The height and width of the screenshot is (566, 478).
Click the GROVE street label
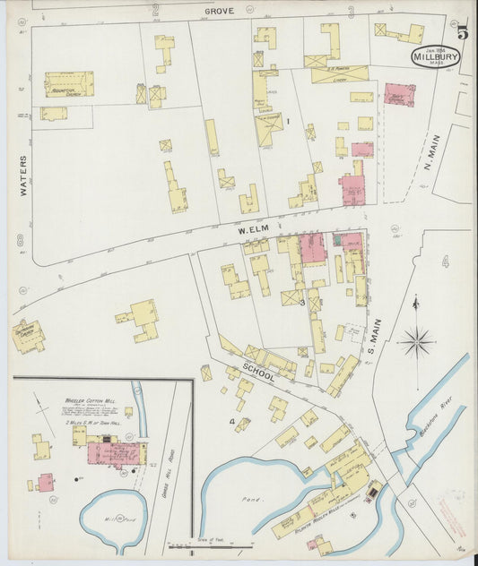click(x=219, y=11)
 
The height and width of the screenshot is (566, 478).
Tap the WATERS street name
click(x=23, y=176)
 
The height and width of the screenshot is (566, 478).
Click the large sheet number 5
click(x=462, y=34)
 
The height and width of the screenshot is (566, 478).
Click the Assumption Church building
click(x=69, y=84)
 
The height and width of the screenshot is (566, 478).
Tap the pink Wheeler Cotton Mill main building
click(x=113, y=452)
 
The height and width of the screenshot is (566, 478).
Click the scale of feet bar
click(x=202, y=545)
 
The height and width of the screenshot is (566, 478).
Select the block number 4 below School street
click(x=231, y=420)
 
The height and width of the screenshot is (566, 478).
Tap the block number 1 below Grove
click(x=288, y=121)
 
